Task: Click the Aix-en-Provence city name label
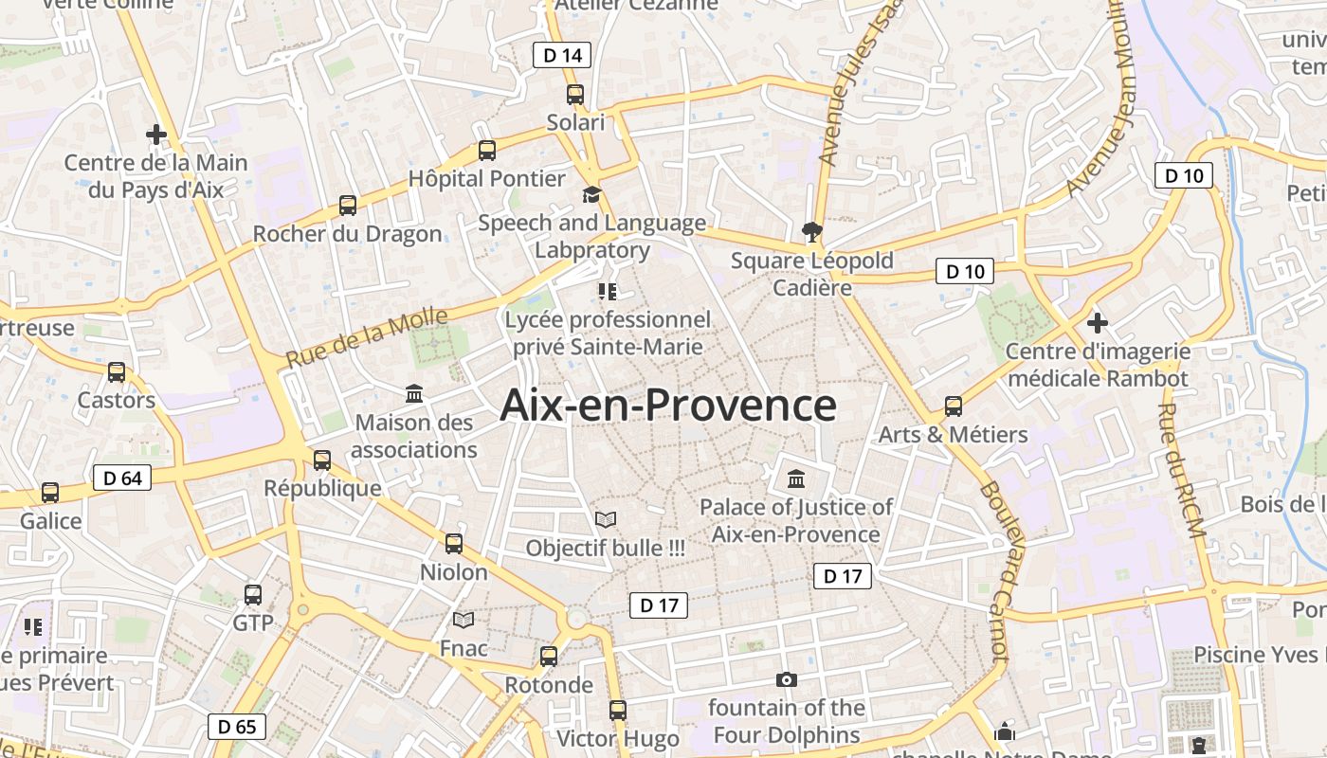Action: (x=668, y=405)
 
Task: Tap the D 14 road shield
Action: (x=561, y=55)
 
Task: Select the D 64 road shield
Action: (x=122, y=478)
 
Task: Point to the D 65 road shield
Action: (x=237, y=727)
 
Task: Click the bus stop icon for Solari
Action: (x=575, y=95)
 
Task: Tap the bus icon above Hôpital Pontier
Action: (x=487, y=150)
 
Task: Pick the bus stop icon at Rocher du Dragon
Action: (x=348, y=205)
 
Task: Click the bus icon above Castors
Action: (x=117, y=371)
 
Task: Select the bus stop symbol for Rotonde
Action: (x=548, y=656)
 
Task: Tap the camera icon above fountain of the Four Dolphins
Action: (x=786, y=679)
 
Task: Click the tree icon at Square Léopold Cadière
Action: (x=811, y=231)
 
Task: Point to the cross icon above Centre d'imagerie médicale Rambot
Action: (x=1098, y=323)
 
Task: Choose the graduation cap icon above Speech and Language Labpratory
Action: (x=591, y=194)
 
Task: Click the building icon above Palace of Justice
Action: (x=795, y=478)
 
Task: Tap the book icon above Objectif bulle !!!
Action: (x=605, y=519)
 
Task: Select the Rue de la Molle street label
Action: (x=366, y=338)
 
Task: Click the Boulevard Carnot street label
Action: (x=994, y=569)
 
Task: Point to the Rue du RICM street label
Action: (x=1182, y=471)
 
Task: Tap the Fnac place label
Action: (x=464, y=649)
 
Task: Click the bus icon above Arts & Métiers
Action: (x=954, y=406)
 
